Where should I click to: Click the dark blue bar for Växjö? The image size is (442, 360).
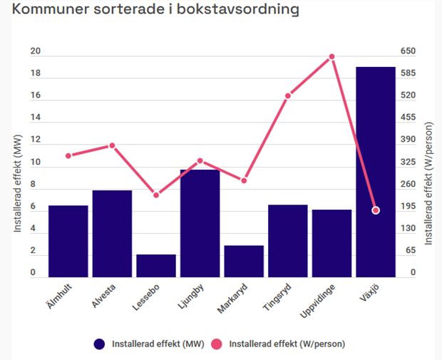coord(375,171)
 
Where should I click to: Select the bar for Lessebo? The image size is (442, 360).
coord(156,265)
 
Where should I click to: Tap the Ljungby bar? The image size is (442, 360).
coord(200,223)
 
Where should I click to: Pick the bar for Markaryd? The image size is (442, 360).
coord(244,261)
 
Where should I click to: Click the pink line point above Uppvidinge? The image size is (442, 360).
coord(331,56)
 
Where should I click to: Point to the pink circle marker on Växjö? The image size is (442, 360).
coord(376,210)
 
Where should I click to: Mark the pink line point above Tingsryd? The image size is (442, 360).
coord(288,96)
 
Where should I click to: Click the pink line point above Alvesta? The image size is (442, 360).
coord(112,145)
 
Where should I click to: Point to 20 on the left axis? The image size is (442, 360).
coord(36,51)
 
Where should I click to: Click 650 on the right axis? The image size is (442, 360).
coord(407,51)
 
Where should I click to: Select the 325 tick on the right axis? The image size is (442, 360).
coord(407,163)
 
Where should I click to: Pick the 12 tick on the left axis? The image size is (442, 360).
coord(36,140)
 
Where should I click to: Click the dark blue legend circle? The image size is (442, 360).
coord(100,344)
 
